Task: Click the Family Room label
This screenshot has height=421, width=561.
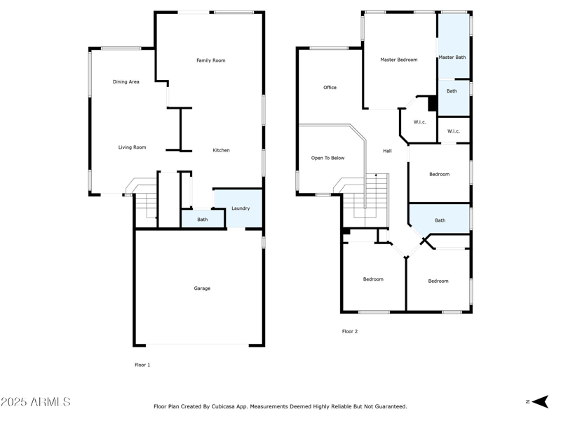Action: click(x=210, y=60)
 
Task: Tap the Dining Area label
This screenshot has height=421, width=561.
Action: click(x=126, y=82)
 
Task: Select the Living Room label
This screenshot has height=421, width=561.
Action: click(x=132, y=147)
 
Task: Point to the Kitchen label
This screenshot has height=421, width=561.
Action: click(x=222, y=150)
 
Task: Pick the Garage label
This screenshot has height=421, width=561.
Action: click(x=202, y=288)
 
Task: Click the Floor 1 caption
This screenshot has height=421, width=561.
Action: click(x=142, y=365)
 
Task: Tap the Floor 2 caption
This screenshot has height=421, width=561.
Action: click(x=350, y=331)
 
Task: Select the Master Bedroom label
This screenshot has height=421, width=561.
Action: click(x=399, y=60)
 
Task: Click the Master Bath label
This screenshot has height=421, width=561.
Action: click(x=452, y=57)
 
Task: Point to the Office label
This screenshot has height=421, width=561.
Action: click(x=330, y=88)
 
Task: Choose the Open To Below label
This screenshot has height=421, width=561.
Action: click(x=328, y=158)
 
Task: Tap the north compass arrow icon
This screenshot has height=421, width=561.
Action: click(x=539, y=401)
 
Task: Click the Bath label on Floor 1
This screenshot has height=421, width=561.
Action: click(x=202, y=220)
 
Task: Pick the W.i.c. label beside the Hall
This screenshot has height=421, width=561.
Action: click(x=420, y=122)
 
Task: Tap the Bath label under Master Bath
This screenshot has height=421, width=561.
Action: click(x=452, y=91)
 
